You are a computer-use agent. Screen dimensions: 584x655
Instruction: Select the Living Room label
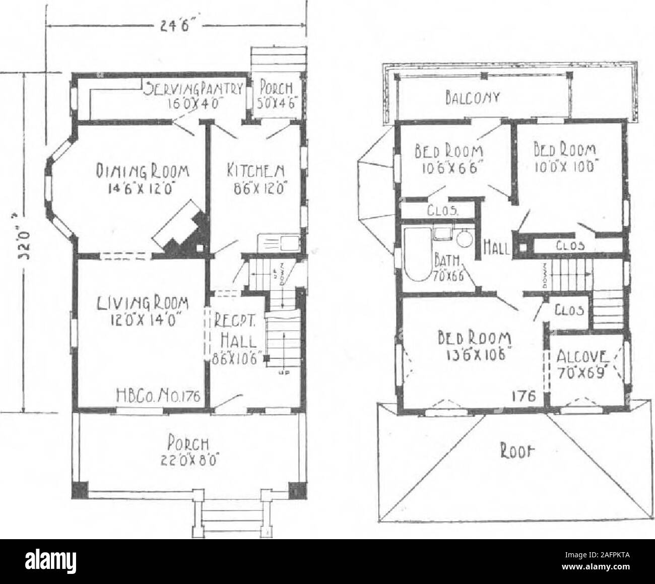[x=138, y=310]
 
